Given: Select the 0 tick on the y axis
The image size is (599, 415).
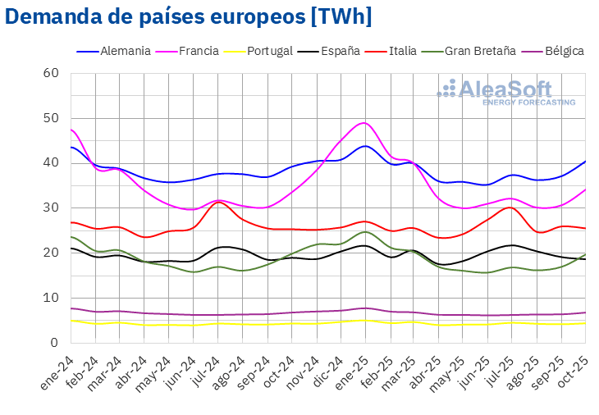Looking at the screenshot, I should pos(54,342).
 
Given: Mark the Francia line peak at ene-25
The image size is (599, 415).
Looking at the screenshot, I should pos(364,123).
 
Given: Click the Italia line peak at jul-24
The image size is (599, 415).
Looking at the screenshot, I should pos(218,202).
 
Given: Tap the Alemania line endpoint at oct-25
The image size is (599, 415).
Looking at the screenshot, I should pos(585,161).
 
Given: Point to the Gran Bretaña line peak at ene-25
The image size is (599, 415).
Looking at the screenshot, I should pos(364,231).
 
